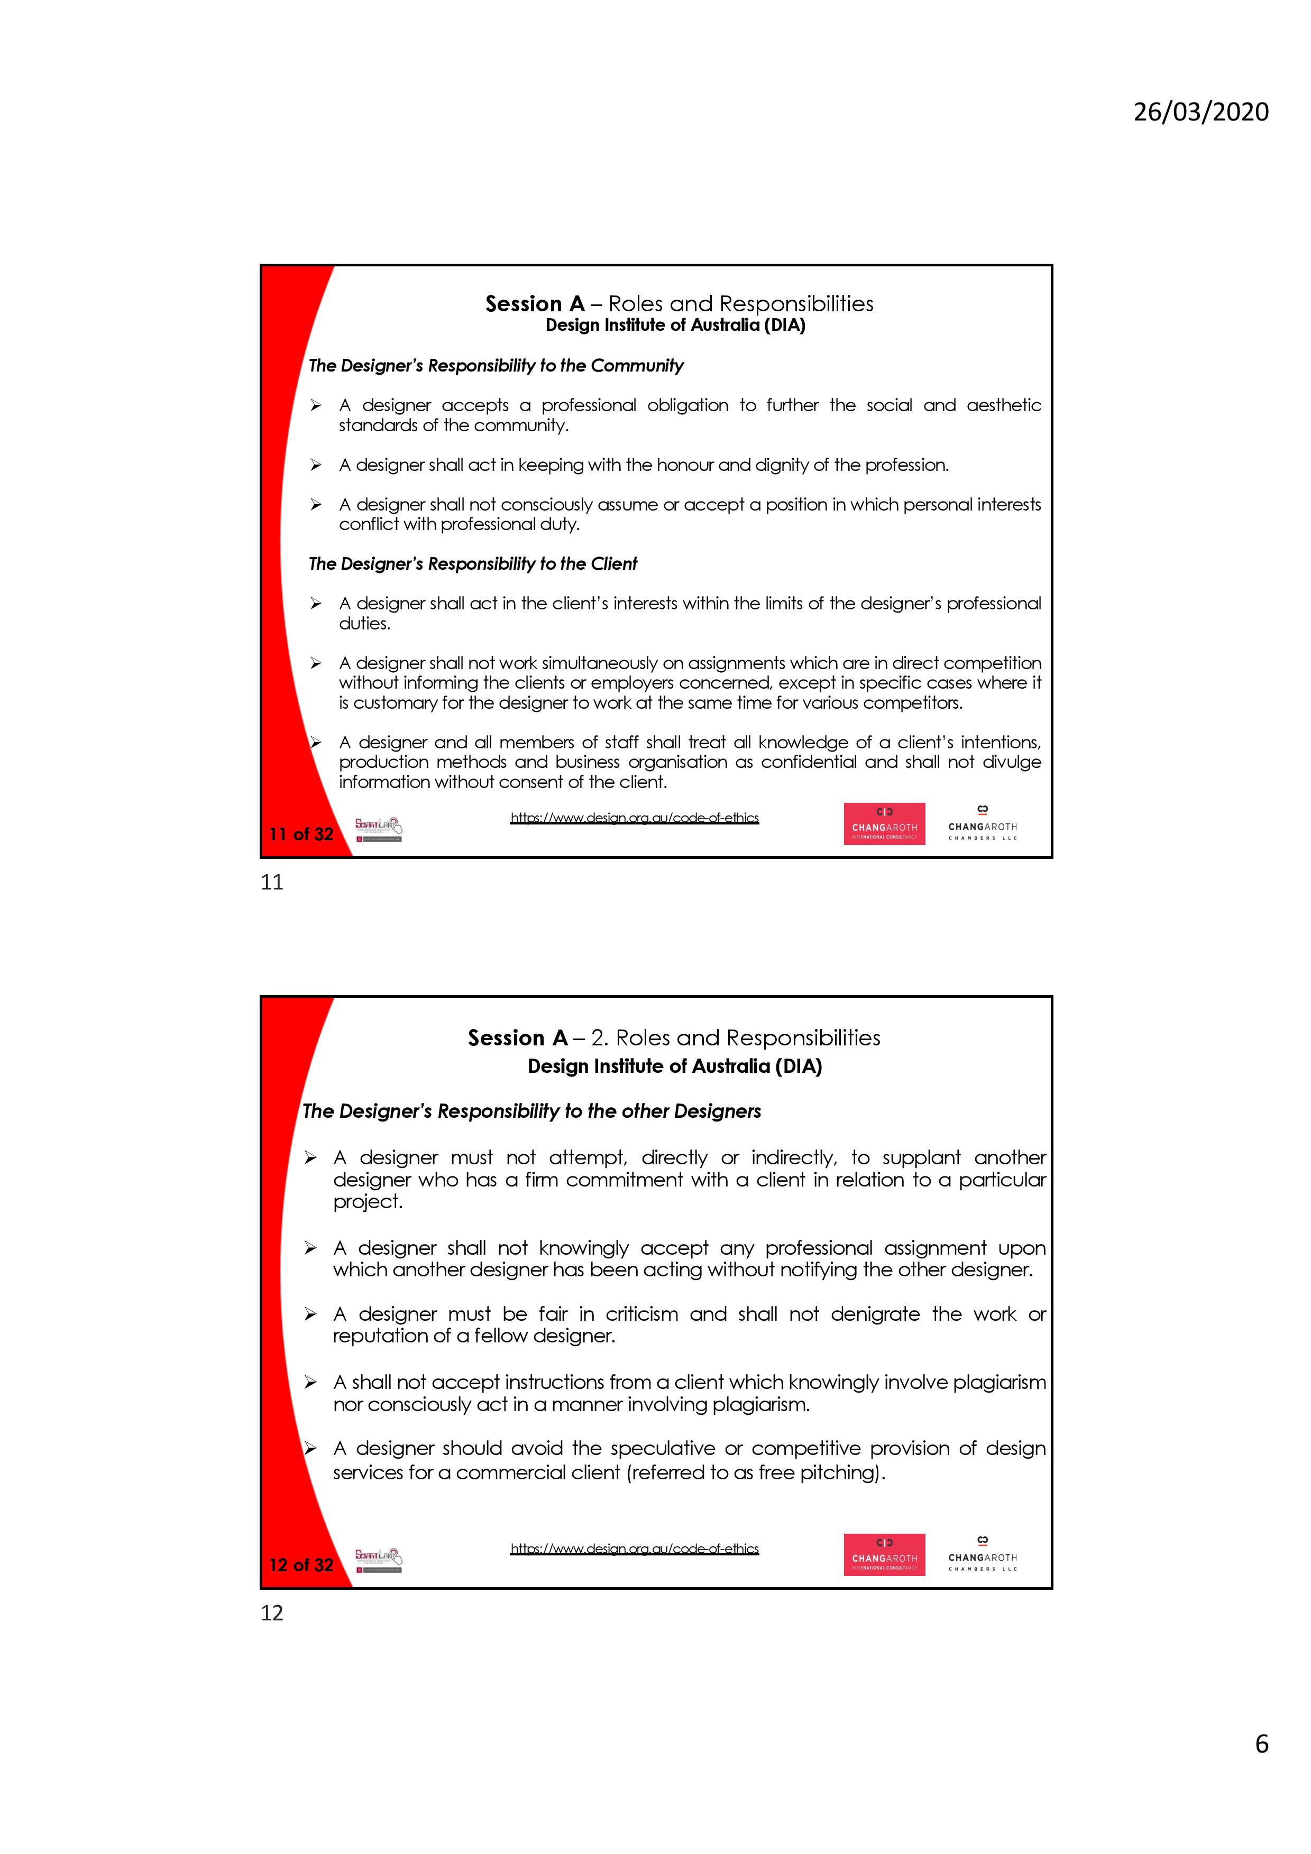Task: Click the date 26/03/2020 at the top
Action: click(1200, 112)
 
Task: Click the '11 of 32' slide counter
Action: click(301, 834)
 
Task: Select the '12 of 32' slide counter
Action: click(301, 1565)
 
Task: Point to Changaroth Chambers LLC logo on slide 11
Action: click(982, 823)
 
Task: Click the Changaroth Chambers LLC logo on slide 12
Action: click(982, 1554)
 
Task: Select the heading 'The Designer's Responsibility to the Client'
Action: click(473, 563)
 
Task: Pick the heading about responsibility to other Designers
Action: click(531, 1111)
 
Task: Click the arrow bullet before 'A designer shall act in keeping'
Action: click(316, 465)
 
